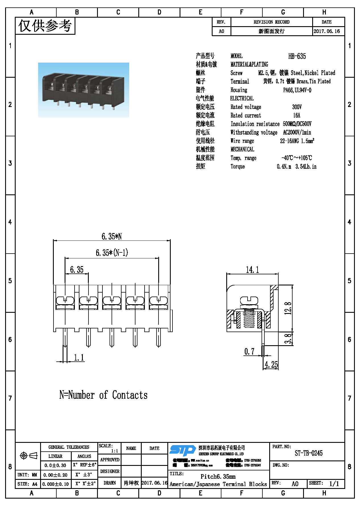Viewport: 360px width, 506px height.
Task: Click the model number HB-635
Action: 297,56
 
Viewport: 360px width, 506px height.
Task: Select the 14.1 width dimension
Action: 252,270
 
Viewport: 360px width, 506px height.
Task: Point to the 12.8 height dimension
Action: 288,308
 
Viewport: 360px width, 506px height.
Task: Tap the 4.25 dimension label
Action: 271,365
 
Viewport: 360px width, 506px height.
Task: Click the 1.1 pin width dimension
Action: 79,357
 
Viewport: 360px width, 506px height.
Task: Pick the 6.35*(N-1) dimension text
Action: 112,252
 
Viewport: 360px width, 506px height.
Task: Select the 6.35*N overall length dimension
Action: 112,236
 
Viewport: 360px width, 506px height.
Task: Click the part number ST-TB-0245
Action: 308,453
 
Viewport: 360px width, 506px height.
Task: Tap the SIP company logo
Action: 182,451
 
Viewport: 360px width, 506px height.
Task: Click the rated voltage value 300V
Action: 297,107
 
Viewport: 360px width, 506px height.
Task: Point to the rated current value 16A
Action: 297,115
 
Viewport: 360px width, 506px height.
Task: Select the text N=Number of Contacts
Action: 103,395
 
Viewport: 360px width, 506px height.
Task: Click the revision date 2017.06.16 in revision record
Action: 327,31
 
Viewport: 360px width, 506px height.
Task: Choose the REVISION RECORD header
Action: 271,22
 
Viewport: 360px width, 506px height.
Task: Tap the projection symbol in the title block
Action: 28,456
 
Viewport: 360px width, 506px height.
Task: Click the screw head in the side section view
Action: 249,300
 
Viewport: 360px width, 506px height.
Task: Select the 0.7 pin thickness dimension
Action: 249,351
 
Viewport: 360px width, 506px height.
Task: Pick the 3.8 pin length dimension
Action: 288,339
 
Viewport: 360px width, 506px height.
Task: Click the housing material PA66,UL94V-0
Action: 297,90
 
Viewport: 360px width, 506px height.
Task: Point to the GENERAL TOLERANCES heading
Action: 69,447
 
